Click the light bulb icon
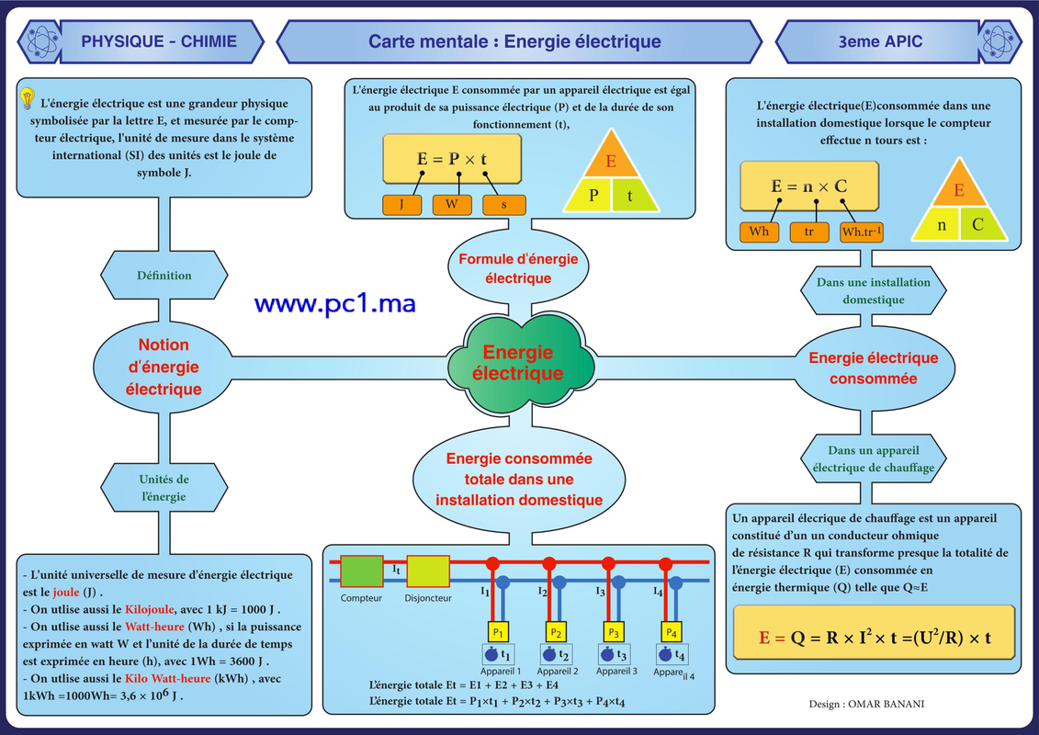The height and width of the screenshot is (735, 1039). [28, 98]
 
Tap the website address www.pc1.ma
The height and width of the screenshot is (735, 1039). [334, 303]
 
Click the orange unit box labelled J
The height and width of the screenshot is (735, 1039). [401, 205]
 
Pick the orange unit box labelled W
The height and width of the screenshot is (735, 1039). [452, 205]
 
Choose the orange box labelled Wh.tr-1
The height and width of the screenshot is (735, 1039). [862, 232]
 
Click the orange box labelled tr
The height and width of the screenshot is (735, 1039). [809, 232]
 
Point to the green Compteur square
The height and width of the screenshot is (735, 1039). [361, 571]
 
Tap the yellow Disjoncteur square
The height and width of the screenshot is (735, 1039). [428, 571]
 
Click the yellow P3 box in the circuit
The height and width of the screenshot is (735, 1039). [614, 632]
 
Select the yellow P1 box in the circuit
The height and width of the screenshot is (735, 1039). [498, 632]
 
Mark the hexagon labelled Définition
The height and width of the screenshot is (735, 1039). [164, 275]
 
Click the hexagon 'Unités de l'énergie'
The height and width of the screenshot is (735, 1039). [164, 488]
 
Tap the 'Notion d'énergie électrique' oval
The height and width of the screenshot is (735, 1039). [163, 367]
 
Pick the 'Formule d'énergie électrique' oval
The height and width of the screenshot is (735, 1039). [518, 268]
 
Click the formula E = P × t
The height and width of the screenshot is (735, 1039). [452, 159]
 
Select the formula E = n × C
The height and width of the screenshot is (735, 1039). [809, 187]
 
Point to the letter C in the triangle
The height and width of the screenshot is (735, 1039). [977, 225]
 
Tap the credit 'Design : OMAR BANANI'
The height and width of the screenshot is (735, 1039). [866, 704]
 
